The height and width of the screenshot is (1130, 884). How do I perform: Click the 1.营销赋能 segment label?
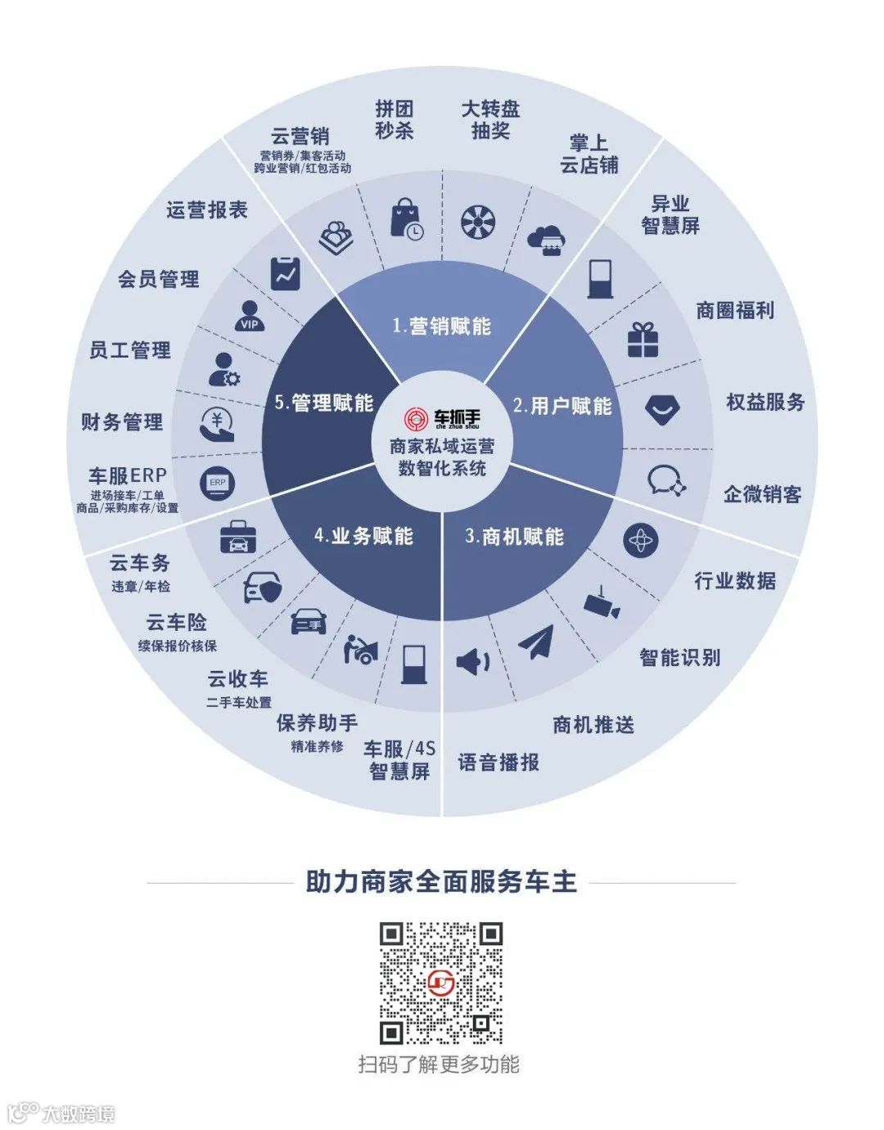pyautogui.click(x=442, y=326)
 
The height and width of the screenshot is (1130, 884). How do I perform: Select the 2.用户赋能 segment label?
pyautogui.click(x=562, y=406)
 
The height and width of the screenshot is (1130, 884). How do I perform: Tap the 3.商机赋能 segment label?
pyautogui.click(x=514, y=537)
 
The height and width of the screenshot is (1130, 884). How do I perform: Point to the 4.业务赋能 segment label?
pyautogui.click(x=363, y=537)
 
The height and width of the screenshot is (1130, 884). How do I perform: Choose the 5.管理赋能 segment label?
pyautogui.click(x=324, y=403)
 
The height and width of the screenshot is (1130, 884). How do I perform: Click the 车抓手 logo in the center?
pyautogui.click(x=442, y=419)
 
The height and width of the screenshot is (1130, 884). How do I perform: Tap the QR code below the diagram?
pyautogui.click(x=441, y=983)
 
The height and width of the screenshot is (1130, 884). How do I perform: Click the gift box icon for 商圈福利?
pyautogui.click(x=643, y=340)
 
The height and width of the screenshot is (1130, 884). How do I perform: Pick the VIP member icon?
pyautogui.click(x=250, y=316)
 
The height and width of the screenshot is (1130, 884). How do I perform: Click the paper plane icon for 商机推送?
pyautogui.click(x=536, y=642)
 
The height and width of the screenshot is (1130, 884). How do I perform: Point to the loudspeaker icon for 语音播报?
pyautogui.click(x=472, y=660)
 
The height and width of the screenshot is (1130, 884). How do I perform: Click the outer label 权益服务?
pyautogui.click(x=765, y=402)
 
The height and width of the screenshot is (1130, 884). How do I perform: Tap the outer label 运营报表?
pyautogui.click(x=207, y=210)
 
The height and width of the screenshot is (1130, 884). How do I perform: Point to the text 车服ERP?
pyautogui.click(x=128, y=475)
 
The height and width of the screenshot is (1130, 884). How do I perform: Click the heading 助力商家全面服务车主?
pyautogui.click(x=441, y=882)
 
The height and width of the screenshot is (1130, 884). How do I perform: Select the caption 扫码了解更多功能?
pyautogui.click(x=439, y=1065)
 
